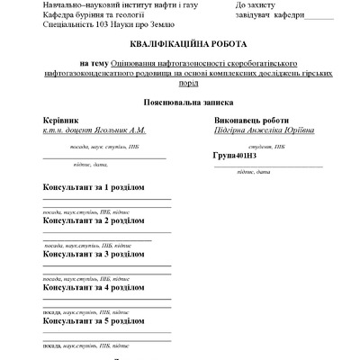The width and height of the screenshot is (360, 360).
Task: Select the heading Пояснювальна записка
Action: [179, 103]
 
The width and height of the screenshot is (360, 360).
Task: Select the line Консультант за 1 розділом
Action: [94, 187]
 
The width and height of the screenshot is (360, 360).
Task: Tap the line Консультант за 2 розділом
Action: [94, 220]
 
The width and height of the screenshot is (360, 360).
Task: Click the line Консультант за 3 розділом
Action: [94, 254]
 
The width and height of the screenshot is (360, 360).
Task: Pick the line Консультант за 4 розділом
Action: [94, 288]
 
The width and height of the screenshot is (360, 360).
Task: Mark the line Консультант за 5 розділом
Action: [94, 320]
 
